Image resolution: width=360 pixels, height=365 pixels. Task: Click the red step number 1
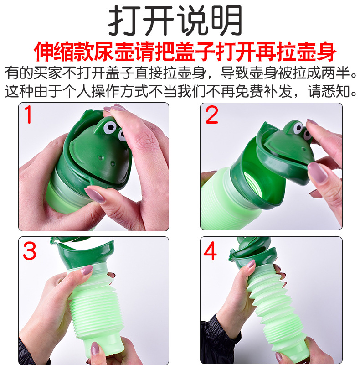click(28, 115)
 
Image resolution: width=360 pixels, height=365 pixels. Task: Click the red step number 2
click(211, 115)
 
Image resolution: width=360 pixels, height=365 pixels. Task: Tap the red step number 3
click(30, 250)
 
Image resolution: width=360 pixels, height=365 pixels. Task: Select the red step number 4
click(211, 250)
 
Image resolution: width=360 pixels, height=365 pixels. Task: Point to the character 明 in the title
click(227, 21)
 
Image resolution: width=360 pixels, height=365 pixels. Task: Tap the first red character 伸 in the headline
click(44, 52)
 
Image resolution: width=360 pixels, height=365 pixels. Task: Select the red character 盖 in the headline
click(185, 52)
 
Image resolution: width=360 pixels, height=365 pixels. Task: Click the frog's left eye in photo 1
click(109, 127)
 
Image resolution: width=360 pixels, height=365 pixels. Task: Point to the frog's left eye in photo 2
click(298, 128)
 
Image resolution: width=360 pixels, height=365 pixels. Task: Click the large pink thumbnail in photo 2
click(317, 172)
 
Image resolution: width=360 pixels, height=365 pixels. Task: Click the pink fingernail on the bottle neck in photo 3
click(87, 270)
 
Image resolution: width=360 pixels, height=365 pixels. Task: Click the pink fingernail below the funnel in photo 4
click(251, 264)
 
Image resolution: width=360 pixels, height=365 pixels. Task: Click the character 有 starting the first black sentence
click(12, 73)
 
